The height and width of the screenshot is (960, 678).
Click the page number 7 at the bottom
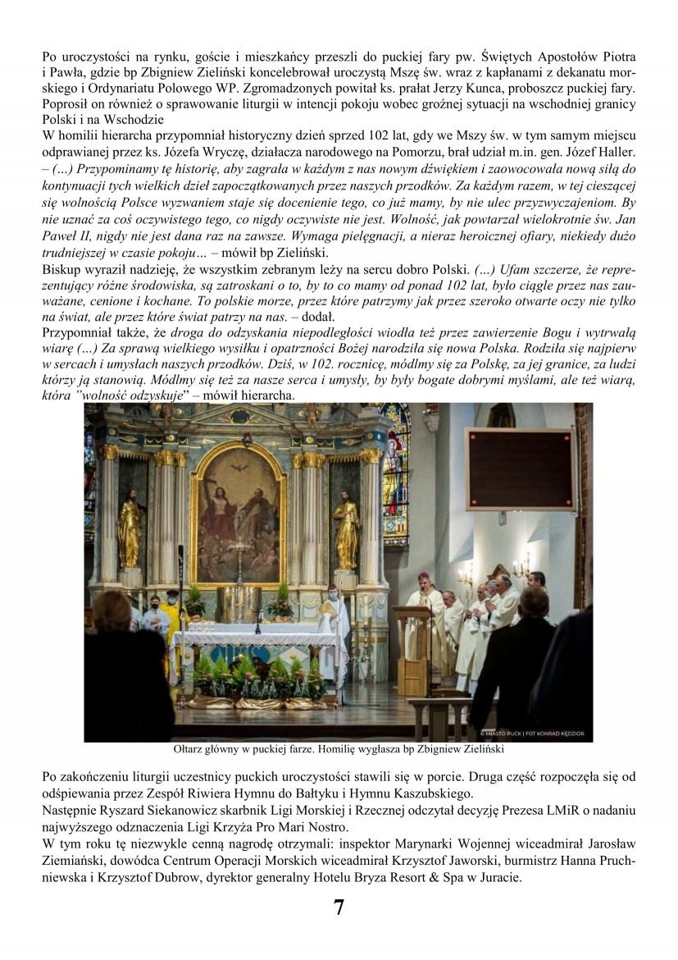(x=339, y=909)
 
